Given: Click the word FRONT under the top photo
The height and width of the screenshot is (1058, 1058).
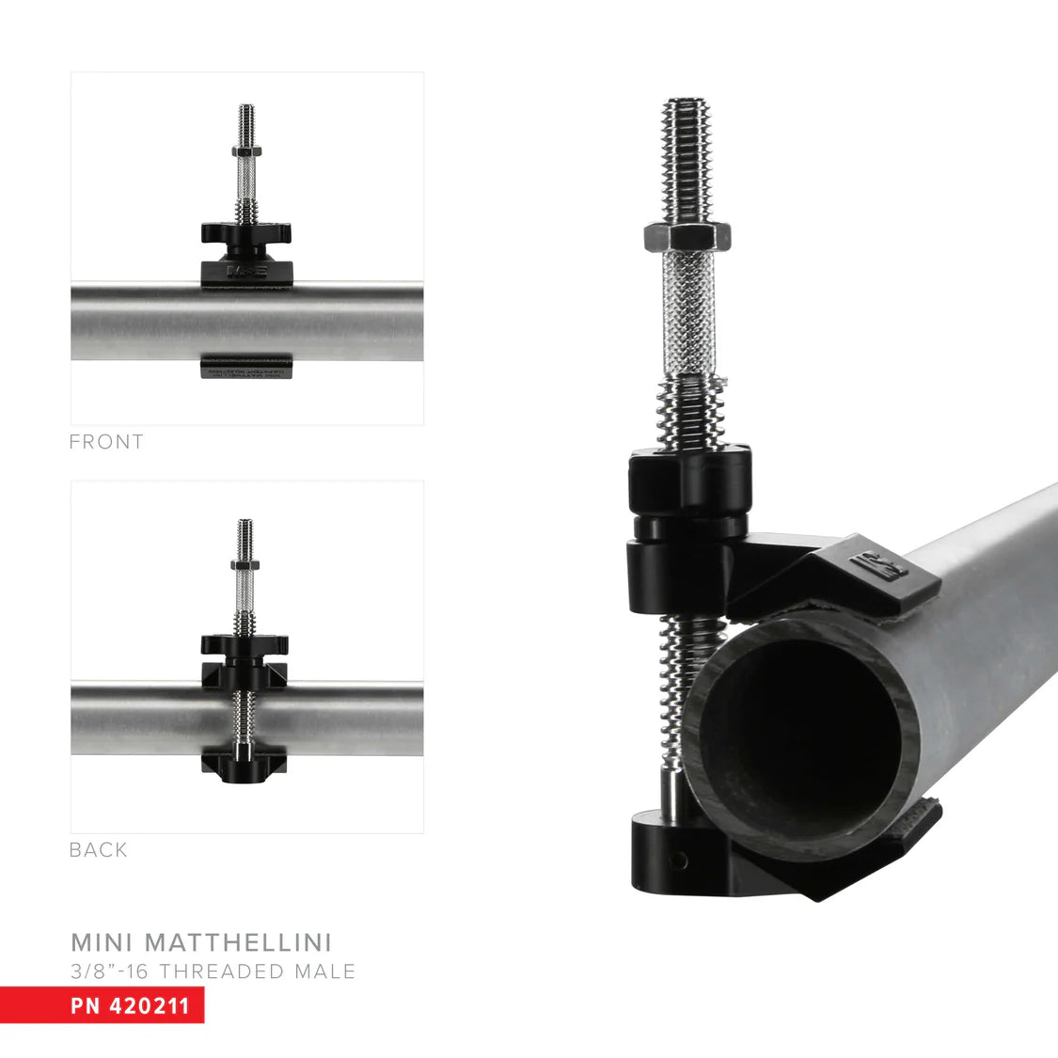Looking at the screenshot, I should tap(106, 442).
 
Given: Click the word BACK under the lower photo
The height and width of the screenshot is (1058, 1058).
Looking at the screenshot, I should tap(98, 850).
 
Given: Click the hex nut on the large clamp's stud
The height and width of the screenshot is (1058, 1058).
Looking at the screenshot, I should tap(689, 237).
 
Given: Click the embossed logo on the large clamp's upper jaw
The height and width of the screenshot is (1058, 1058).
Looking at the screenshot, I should tap(877, 567).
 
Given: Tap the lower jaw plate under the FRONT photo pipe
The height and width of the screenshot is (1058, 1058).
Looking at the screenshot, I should tap(246, 367).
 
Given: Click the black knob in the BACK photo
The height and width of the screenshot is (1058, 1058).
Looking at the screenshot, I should tap(245, 645).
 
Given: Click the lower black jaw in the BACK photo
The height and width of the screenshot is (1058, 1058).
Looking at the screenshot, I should tap(245, 765).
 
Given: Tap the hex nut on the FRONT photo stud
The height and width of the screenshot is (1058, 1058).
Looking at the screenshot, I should tap(245, 150).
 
